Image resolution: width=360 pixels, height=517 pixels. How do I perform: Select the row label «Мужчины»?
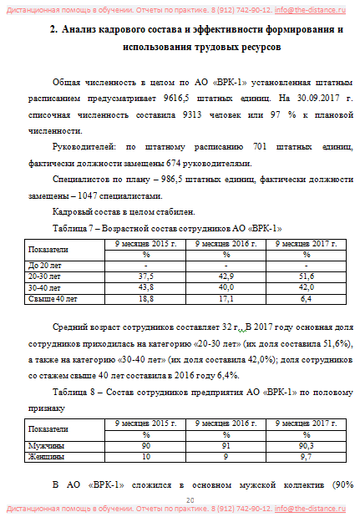coord(47,447)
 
